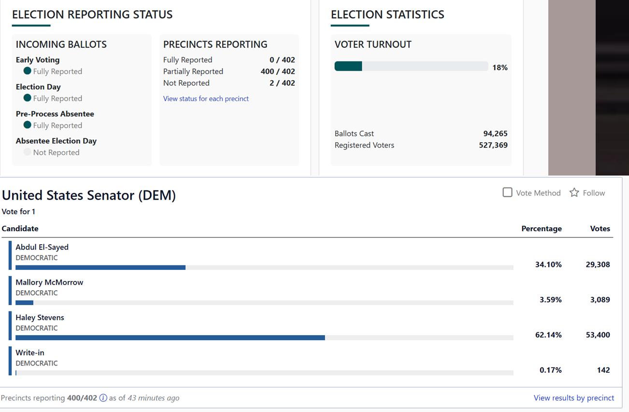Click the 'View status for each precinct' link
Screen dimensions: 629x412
(206, 99)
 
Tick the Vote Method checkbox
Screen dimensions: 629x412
(507, 192)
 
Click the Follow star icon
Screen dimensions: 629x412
(574, 192)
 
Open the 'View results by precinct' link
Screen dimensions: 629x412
(573, 397)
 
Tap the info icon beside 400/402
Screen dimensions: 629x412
(103, 398)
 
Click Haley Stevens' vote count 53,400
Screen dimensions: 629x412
(598, 335)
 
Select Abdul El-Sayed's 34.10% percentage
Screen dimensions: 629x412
(548, 265)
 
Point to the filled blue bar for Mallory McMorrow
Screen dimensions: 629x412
(25, 303)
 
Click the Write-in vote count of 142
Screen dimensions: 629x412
(603, 370)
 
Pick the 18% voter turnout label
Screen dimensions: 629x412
(500, 67)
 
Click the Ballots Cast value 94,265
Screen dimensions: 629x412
(495, 133)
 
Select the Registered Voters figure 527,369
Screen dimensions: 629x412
(493, 145)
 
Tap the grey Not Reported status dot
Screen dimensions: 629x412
(27, 152)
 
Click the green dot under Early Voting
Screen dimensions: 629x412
(27, 71)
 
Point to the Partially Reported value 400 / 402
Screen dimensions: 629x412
(278, 72)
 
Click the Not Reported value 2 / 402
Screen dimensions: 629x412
(282, 83)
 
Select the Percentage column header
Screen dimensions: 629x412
(542, 228)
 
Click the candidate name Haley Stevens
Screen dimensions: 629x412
(40, 318)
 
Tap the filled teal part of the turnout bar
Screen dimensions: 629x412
(348, 66)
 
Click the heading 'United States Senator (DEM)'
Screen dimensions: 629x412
(89, 195)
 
